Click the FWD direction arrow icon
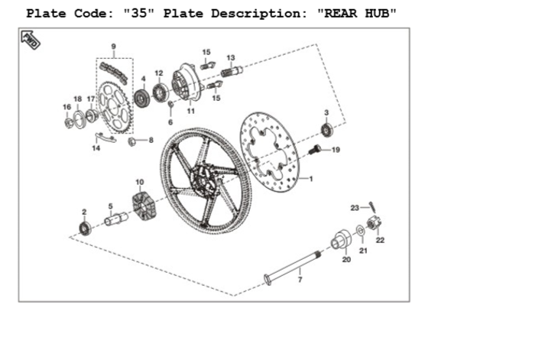(31, 40)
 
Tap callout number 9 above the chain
(114, 47)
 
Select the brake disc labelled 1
(270, 152)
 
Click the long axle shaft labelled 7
(293, 267)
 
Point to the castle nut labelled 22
(374, 223)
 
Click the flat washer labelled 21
(360, 231)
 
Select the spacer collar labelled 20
(341, 239)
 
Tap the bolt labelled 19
(315, 150)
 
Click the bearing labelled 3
(326, 130)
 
